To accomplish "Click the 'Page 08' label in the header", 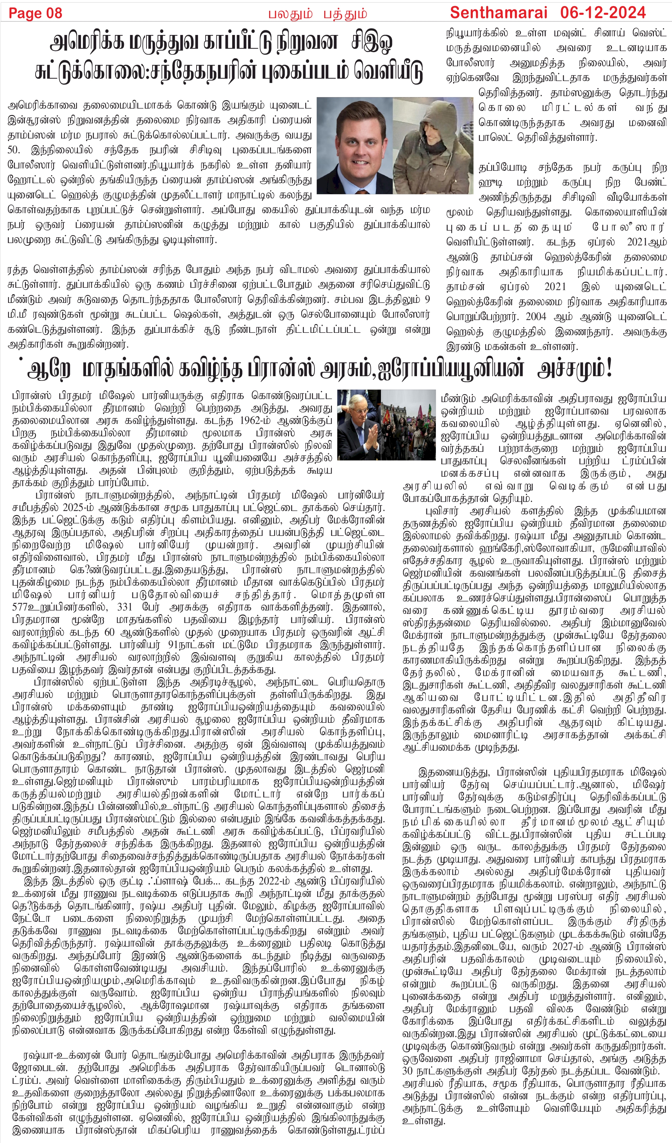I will pos(35,13).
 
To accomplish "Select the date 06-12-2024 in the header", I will pos(603,12).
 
